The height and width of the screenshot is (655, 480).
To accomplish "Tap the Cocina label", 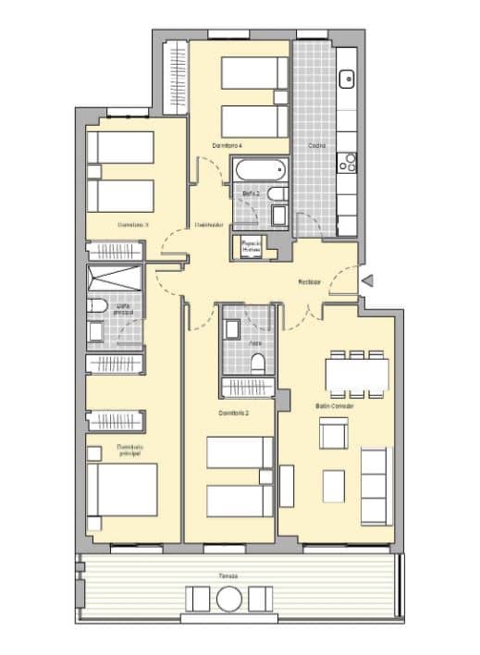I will pos(316,145).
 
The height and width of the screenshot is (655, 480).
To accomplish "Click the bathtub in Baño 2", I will pos(259,171).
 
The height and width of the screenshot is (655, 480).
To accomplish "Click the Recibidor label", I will pos(310,281).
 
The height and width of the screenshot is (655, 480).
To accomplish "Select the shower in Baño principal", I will pos(116,278).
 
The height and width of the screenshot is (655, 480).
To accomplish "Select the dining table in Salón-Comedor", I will pos(356,372).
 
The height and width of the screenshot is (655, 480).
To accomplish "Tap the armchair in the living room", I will pos(332,434).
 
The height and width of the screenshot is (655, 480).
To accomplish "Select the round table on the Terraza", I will pos(228,599).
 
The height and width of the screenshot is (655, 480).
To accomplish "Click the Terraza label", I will pos(228,575).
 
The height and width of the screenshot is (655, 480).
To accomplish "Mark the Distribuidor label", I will pos(208,224).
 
